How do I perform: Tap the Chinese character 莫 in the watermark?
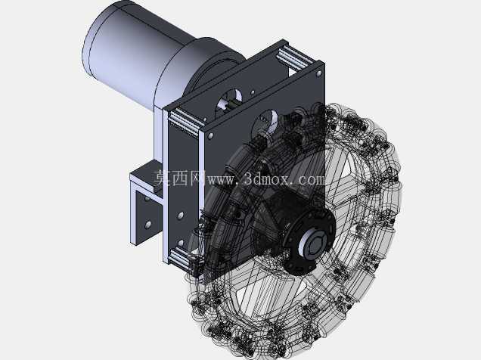click(x=162, y=178)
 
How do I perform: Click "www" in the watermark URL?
click(x=221, y=180)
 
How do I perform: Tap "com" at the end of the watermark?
click(x=311, y=180)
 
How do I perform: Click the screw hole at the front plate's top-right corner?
click(x=319, y=73)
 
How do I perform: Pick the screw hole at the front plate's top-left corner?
click(x=211, y=135)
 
